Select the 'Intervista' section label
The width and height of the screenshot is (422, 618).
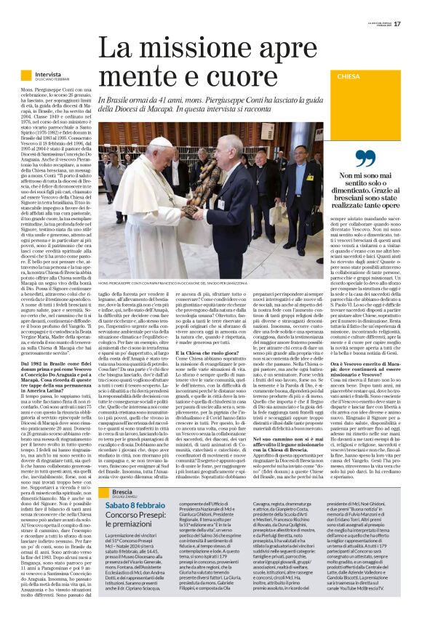click(x=48, y=74)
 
